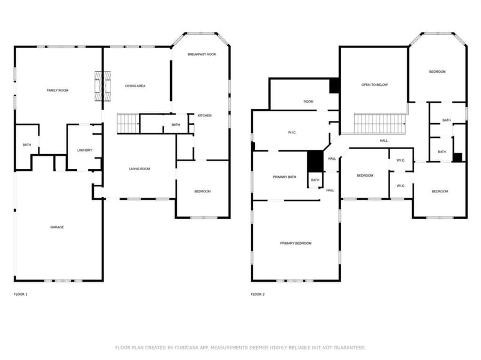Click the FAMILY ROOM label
click(x=57, y=91)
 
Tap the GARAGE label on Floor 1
click(x=57, y=227)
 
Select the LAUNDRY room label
click(x=85, y=150)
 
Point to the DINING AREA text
click(x=135, y=86)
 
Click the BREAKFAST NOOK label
click(x=202, y=54)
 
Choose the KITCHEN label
click(x=204, y=115)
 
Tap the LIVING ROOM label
click(x=139, y=169)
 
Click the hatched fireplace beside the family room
click(x=102, y=86)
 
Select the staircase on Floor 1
click(x=128, y=123)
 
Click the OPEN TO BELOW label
click(x=375, y=85)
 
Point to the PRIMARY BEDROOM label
click(x=296, y=243)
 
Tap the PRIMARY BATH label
click(x=284, y=177)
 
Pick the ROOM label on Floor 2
click(x=308, y=102)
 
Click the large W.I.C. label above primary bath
click(x=292, y=133)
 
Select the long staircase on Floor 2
click(x=380, y=124)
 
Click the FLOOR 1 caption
click(x=20, y=294)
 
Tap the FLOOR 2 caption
click(x=258, y=294)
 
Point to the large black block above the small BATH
click(x=315, y=161)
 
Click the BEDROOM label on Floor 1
click(x=203, y=192)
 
